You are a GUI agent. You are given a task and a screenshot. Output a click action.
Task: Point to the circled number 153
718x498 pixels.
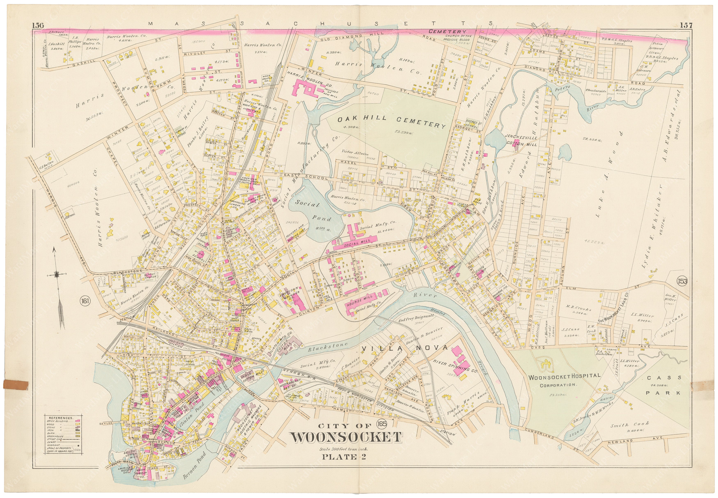[x=682, y=281]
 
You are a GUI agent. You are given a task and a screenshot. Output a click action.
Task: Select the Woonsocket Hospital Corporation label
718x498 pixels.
[x=564, y=380]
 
